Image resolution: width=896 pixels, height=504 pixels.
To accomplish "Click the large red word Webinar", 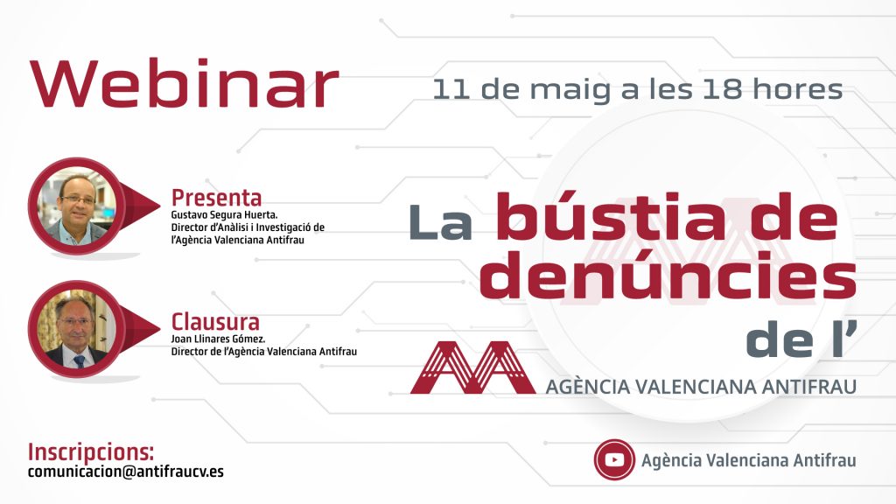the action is coord(184,84).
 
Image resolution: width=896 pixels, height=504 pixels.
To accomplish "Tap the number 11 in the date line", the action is coord(451,90).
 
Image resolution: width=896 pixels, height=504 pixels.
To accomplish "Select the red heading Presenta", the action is coord(217,198).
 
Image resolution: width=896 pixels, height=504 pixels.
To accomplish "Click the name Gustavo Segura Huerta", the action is coord(224,215).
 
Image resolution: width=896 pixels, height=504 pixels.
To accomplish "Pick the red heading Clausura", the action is coord(215,322).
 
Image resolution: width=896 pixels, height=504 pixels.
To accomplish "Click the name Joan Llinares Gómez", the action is coord(218,339).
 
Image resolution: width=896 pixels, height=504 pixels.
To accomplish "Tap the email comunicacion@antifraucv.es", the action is coord(126,472).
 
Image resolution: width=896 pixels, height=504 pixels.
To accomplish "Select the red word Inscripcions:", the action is coord(91,452).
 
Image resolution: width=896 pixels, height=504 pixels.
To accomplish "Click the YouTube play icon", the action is coord(614,459).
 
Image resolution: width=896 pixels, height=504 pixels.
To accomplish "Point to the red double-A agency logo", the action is coord(472,367).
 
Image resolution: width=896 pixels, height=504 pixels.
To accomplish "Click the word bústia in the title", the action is coord(610,217).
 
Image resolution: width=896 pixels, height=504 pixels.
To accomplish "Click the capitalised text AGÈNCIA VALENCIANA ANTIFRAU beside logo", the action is coord(701,387).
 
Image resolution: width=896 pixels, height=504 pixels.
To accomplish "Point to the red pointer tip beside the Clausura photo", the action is coord(160,329).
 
